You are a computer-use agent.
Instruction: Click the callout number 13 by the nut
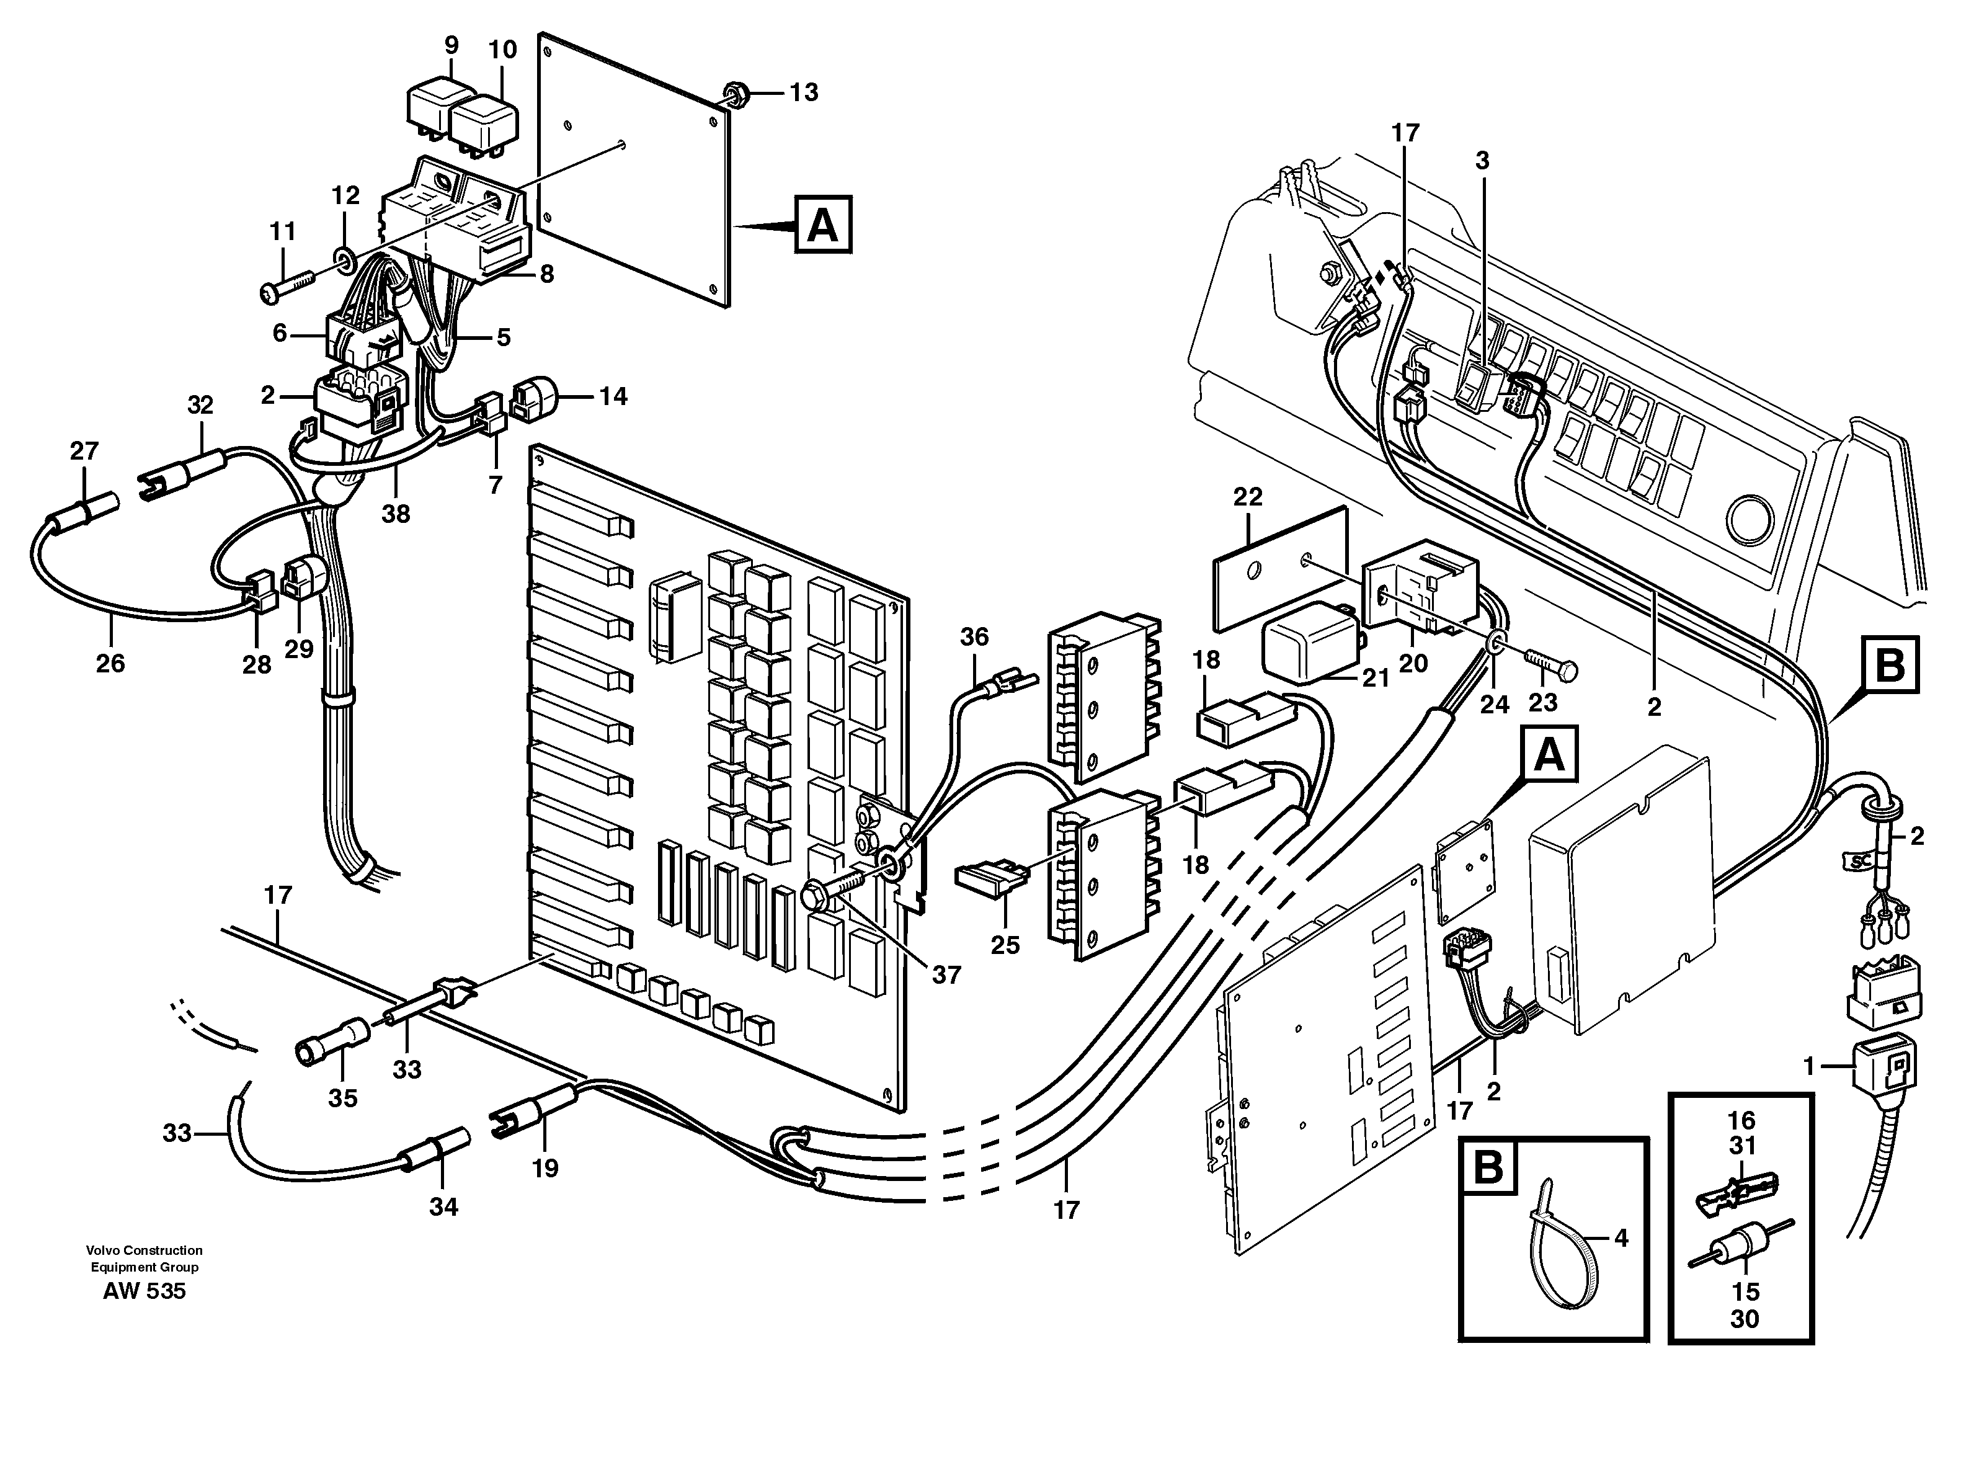(804, 92)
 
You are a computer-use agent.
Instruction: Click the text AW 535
(145, 1291)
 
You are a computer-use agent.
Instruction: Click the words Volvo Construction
(145, 1250)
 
